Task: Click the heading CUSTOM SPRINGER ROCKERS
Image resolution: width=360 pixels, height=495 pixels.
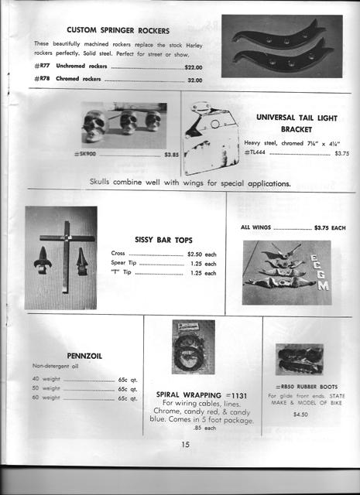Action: click(119, 29)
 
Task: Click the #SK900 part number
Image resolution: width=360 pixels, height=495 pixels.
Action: click(84, 154)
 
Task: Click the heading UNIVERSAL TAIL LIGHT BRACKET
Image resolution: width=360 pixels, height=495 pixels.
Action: click(295, 123)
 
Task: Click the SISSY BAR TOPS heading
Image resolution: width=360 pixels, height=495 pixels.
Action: click(163, 241)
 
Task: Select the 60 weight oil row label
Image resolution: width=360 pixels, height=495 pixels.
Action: click(46, 398)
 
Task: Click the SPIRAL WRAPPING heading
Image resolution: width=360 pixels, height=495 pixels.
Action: click(206, 393)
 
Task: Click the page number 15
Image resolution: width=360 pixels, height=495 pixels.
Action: click(186, 444)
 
